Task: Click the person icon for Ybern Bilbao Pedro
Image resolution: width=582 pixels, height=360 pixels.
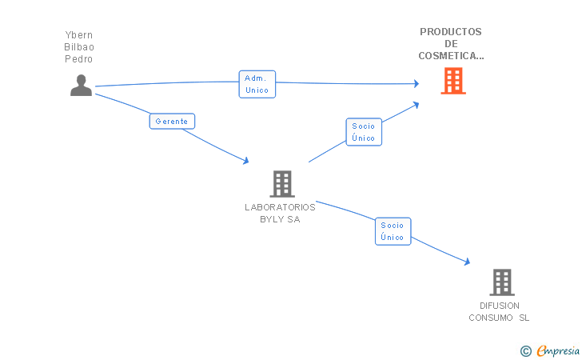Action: pos(81,86)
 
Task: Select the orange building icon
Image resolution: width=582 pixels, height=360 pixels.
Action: pos(453,81)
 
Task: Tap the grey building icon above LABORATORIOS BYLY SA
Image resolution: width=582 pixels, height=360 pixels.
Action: pos(282,183)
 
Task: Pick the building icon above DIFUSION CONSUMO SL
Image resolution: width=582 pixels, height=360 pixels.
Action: pos(502,282)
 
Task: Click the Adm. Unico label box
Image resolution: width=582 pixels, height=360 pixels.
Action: pos(257,84)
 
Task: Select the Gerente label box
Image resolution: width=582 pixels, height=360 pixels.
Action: pos(172,121)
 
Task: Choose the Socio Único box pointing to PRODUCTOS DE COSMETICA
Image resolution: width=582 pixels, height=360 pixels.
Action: pos(364,132)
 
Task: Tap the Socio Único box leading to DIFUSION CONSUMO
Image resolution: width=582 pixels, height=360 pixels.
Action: pos(393,231)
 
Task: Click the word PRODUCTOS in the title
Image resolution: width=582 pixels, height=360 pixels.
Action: pos(451,32)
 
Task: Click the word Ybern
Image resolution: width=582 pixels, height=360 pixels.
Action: pos(78,35)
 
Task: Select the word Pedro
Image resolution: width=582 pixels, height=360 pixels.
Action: pos(78,59)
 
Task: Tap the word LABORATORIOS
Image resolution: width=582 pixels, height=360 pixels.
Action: pos(280,207)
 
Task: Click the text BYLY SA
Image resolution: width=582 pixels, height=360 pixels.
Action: pos(280,219)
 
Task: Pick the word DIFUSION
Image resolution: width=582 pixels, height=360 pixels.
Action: pos(500,306)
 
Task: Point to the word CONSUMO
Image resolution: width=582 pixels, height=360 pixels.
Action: pos(491,318)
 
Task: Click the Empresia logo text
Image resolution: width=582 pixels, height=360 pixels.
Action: pos(558,350)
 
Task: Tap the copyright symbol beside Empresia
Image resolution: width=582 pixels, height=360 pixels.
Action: pos(526,351)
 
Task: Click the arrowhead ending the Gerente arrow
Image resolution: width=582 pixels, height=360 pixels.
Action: pos(246,161)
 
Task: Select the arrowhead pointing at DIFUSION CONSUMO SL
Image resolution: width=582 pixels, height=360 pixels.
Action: pos(468,262)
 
